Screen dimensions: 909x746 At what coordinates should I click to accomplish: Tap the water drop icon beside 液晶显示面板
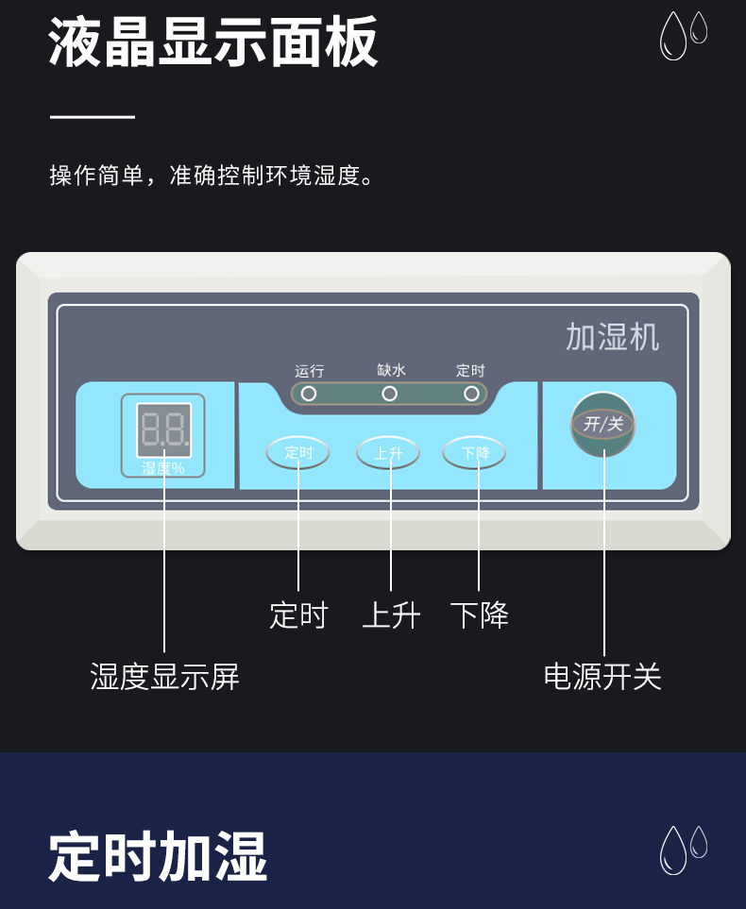(x=683, y=35)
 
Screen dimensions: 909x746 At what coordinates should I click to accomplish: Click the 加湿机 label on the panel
(x=612, y=337)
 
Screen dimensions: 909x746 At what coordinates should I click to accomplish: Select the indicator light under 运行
(x=309, y=394)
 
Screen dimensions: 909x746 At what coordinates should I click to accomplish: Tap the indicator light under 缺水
(x=389, y=394)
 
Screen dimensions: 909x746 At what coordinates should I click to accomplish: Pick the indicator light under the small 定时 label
(x=471, y=394)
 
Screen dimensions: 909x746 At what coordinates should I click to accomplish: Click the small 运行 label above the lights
(x=309, y=371)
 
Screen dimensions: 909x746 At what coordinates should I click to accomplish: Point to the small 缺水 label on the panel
(x=390, y=371)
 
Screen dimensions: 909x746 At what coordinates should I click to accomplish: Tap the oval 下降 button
(x=475, y=453)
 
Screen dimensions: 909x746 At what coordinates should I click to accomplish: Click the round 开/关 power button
(x=603, y=424)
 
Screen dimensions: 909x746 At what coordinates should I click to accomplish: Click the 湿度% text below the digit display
(x=163, y=467)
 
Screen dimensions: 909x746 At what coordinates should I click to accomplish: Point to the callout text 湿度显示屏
(x=164, y=676)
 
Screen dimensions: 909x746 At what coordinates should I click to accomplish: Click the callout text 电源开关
(x=602, y=676)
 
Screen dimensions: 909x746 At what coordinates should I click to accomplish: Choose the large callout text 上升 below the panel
(x=391, y=615)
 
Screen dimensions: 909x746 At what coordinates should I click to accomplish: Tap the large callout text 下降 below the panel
(x=479, y=615)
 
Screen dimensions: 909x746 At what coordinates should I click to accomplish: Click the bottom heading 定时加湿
(x=158, y=856)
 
